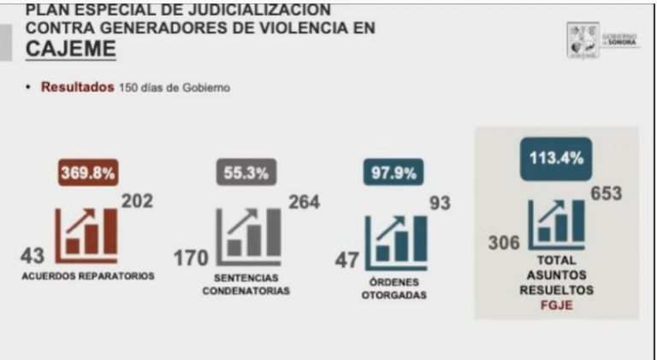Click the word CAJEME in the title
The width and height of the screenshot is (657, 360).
70,50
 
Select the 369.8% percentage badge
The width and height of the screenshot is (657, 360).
88,172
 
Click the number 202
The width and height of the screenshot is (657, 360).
139,203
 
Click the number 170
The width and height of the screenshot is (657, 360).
188,257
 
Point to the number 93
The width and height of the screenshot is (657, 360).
440,204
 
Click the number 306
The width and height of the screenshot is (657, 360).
504,243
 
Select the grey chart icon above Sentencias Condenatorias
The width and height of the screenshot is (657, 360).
248,233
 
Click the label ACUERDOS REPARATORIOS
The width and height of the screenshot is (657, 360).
88,276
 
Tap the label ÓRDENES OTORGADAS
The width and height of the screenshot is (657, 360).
394,289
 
